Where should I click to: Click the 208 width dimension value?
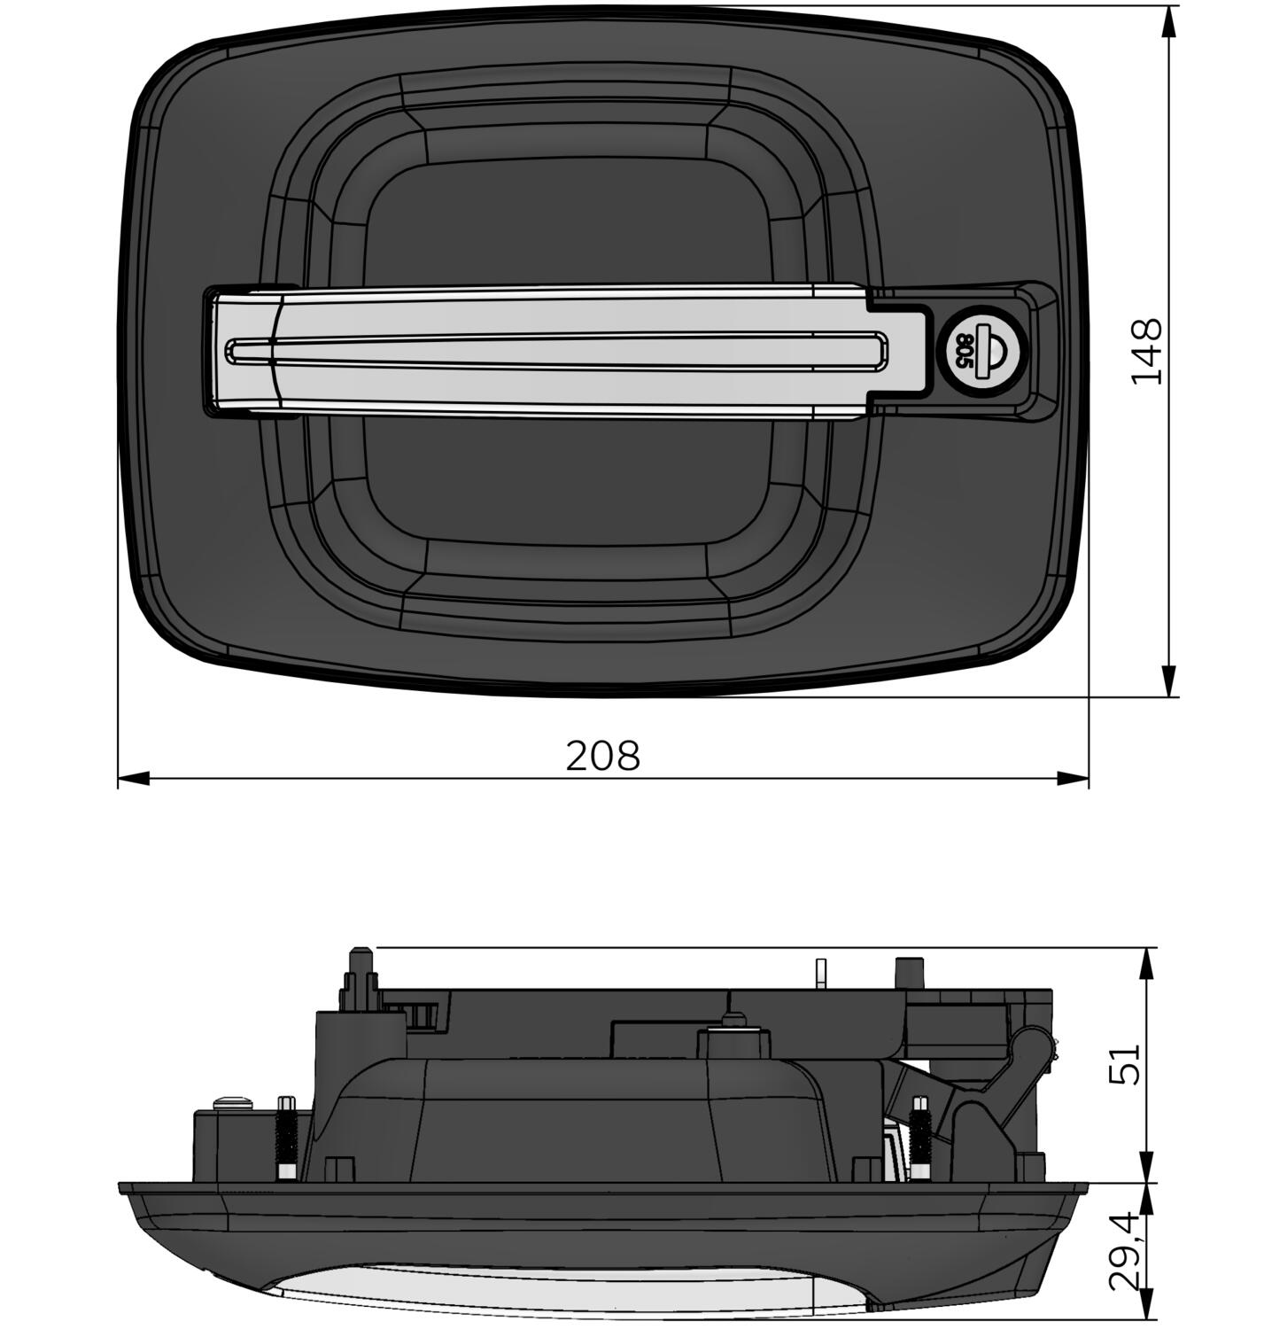[x=602, y=756]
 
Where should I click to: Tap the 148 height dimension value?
[x=1146, y=350]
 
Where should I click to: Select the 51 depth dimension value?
[x=1124, y=1063]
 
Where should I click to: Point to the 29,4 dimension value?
[x=1124, y=1252]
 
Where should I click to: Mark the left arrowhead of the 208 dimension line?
[x=133, y=779]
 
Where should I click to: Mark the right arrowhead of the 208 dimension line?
[x=1074, y=779]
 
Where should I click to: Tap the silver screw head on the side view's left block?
[x=233, y=1103]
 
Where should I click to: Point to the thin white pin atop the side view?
[x=820, y=972]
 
